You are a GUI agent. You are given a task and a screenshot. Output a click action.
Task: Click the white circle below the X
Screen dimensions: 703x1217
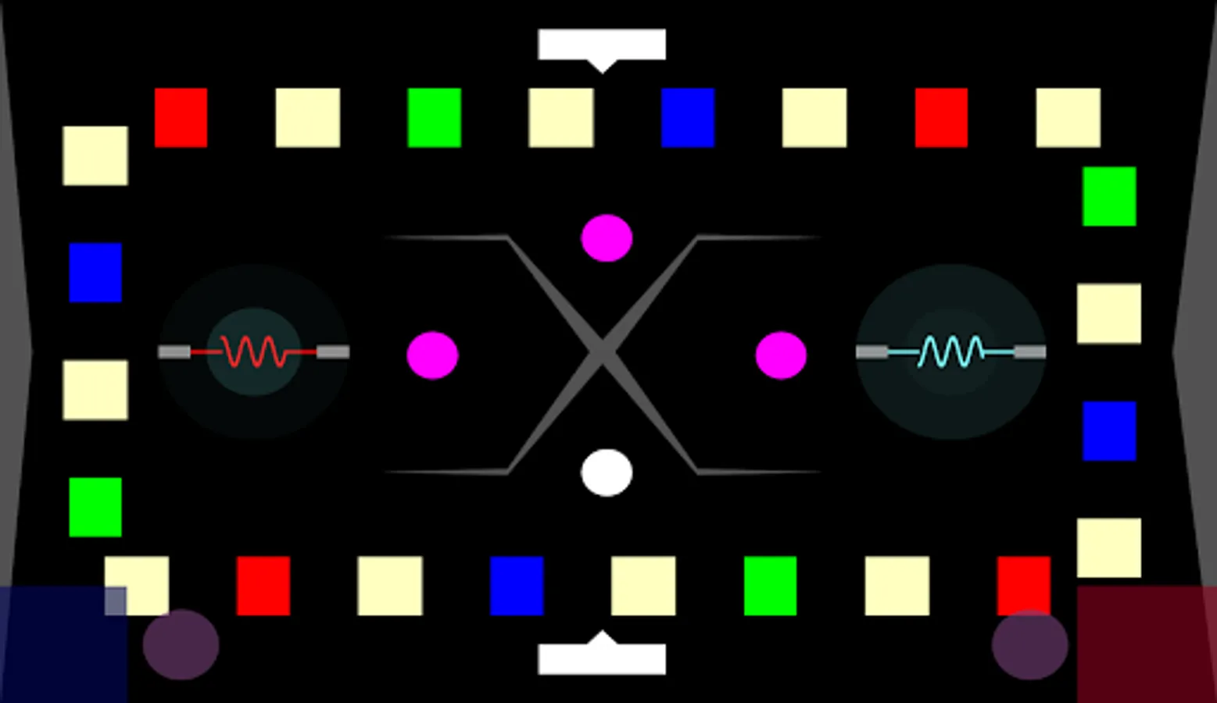[607, 473]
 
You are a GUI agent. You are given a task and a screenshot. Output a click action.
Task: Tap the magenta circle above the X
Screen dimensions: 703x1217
[607, 237]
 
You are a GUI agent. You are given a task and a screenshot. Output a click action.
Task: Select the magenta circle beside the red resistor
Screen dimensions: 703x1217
[432, 355]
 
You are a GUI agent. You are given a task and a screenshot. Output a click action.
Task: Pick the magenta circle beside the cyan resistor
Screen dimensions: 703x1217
[781, 355]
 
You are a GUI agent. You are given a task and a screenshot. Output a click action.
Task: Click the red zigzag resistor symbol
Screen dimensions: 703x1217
[253, 351]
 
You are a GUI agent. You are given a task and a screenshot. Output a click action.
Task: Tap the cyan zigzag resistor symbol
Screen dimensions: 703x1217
[950, 351]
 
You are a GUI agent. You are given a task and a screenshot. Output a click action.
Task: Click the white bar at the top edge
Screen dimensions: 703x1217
[602, 45]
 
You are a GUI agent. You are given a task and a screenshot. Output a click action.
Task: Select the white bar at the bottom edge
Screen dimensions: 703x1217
[602, 658]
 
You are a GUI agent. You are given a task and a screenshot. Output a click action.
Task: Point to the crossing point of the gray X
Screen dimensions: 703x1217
[602, 353]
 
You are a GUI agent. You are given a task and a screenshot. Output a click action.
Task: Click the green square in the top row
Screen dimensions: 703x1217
[435, 118]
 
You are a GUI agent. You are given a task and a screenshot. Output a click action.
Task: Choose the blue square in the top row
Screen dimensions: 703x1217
[688, 118]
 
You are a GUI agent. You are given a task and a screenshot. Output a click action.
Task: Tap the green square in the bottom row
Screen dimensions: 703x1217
[770, 586]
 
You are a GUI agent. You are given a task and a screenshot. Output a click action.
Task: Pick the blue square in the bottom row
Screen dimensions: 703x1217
[517, 586]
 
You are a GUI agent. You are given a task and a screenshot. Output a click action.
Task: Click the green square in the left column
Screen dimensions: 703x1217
[95, 508]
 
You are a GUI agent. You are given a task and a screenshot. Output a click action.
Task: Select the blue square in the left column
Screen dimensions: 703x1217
[95, 273]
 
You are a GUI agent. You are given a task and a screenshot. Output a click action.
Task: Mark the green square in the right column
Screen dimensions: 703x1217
[1109, 196]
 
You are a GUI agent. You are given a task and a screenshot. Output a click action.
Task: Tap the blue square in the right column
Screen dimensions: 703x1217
[1109, 431]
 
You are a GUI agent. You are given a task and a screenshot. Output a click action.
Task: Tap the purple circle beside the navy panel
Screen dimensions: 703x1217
[181, 644]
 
